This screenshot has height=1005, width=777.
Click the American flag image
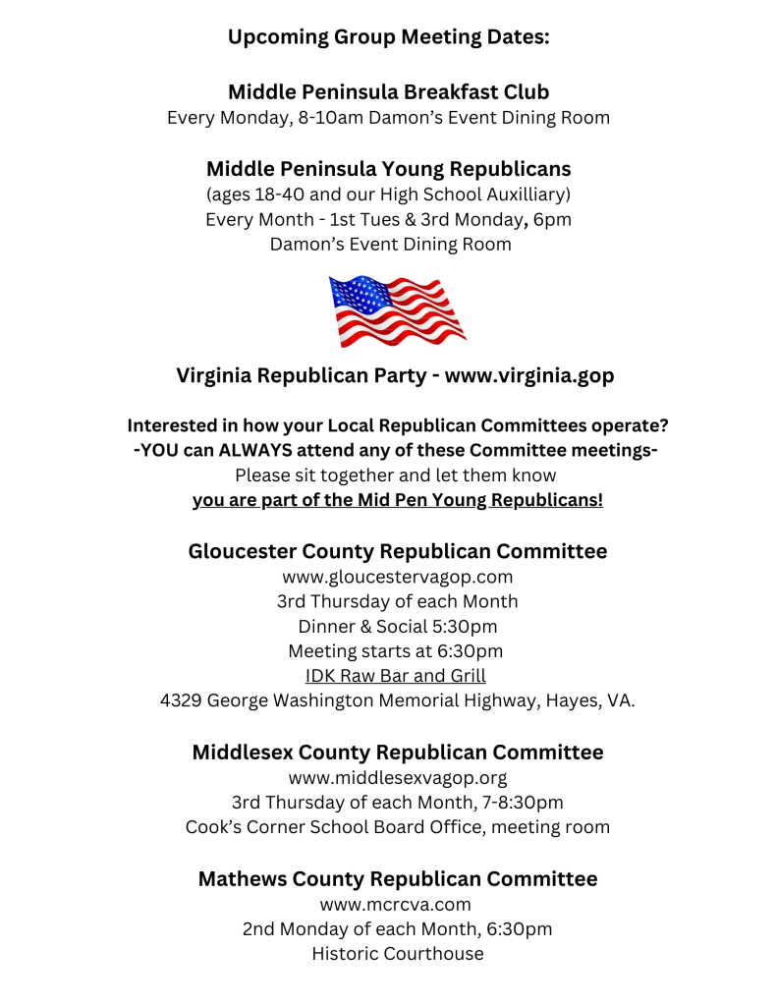397,310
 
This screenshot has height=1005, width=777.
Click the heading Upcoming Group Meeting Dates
388,37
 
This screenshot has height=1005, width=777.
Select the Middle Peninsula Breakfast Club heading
388,92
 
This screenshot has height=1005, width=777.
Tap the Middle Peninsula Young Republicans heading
388,169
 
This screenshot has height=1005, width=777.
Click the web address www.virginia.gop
530,375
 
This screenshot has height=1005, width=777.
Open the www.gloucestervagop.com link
397,577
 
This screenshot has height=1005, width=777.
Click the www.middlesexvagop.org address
397,778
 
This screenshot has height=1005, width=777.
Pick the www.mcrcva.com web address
397,904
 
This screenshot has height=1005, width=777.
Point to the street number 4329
180,701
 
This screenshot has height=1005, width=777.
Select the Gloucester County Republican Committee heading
397,551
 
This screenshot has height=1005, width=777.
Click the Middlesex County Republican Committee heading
397,753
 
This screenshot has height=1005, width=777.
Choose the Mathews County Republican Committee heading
397,878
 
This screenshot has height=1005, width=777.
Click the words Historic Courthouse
397,953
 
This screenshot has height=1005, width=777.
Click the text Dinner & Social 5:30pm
397,626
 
